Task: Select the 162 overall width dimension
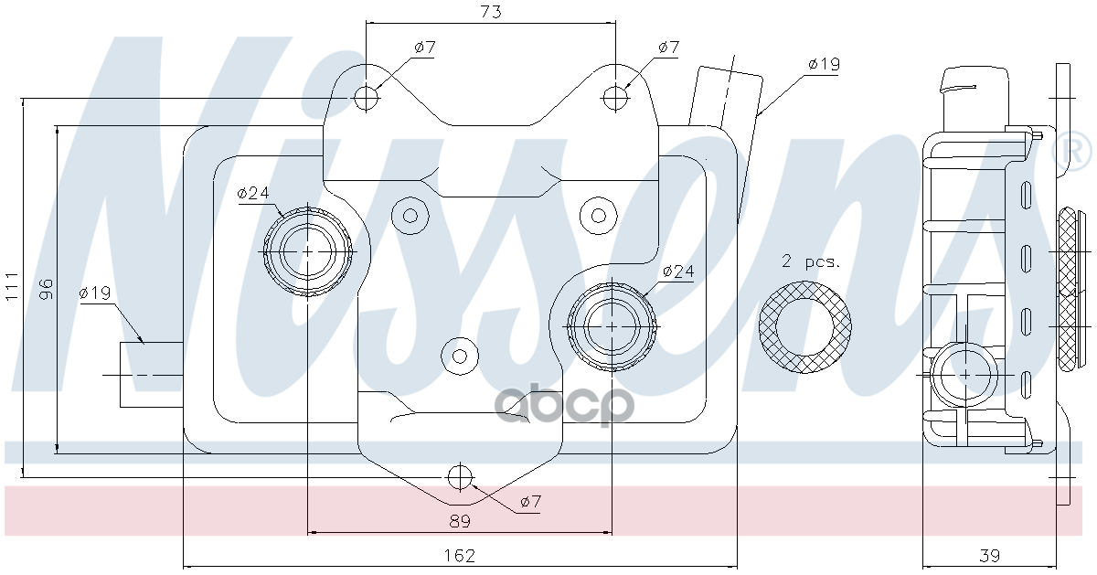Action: pos(459,555)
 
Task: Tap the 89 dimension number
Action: pos(459,521)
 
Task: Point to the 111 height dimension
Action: pos(11,286)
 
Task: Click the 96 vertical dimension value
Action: pos(46,289)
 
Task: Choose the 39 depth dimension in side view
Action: pos(989,555)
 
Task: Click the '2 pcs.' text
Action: pos(809,261)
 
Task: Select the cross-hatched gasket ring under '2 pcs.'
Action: pos(805,327)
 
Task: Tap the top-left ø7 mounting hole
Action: pos(367,97)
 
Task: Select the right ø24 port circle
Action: pos(612,325)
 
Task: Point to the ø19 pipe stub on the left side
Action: pos(152,374)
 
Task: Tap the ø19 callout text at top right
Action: pos(823,64)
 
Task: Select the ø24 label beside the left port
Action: pos(252,193)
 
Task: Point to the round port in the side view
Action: pos(964,374)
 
